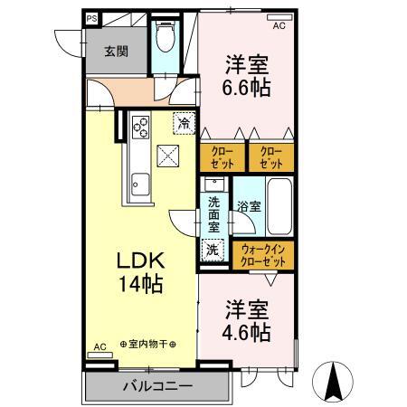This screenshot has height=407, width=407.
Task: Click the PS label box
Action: (91, 17)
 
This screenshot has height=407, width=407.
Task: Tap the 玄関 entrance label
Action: (115, 52)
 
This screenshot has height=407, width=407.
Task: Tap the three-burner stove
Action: (140, 127)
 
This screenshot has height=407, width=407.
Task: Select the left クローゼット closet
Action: (222, 157)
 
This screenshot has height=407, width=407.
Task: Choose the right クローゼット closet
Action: (270, 157)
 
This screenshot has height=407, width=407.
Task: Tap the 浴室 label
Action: (248, 206)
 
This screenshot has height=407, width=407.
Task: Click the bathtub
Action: (279, 205)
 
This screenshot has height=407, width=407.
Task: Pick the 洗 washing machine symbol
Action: (213, 250)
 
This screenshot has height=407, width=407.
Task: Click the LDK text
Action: (138, 260)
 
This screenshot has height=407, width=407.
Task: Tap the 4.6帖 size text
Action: (247, 333)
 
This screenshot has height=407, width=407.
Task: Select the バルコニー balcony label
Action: (157, 386)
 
